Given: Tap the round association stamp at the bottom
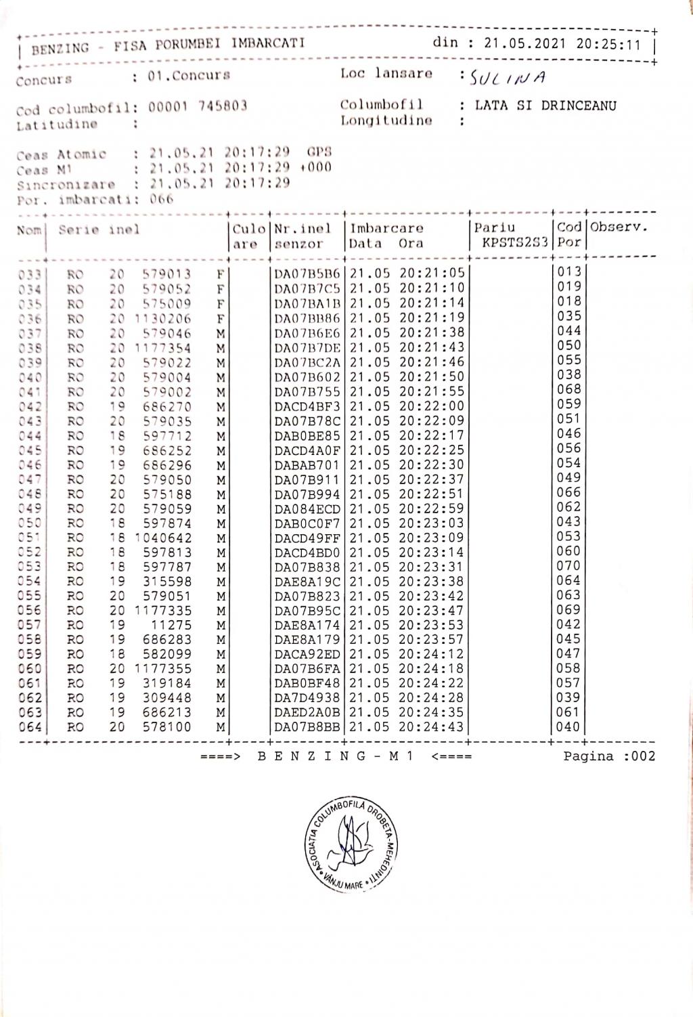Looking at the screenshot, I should click(350, 842).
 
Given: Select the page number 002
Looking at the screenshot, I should click(644, 756).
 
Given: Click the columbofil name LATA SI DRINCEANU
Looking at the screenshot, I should click(545, 106).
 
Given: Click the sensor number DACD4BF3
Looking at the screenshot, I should click(307, 407).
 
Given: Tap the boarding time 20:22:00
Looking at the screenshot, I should click(432, 406).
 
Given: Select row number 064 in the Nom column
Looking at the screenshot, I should click(30, 728).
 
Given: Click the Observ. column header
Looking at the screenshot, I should click(619, 228).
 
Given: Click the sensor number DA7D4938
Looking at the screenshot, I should click(307, 698).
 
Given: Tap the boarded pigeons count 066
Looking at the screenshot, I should click(162, 199).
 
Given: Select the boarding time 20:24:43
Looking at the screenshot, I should click(432, 727).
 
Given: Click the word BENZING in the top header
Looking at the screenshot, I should click(60, 48).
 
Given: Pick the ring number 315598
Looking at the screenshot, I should click(167, 582).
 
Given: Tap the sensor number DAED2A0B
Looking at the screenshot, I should click(307, 713).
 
